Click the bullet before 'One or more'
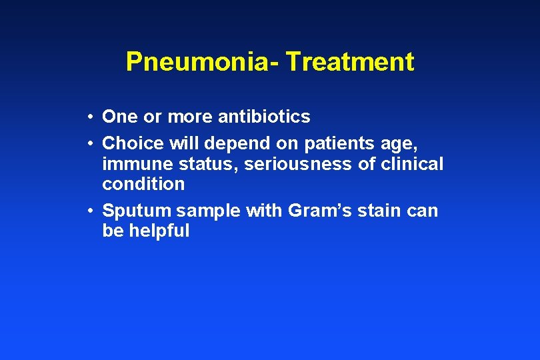pyautogui.click(x=89, y=117)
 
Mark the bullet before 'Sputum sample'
pyautogui.click(x=89, y=211)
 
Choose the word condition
pyautogui.click(x=143, y=183)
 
